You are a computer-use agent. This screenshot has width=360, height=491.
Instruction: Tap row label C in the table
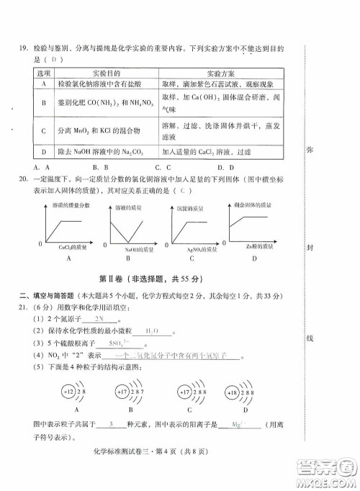45,131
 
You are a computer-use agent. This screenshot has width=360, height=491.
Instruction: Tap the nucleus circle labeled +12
69,392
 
